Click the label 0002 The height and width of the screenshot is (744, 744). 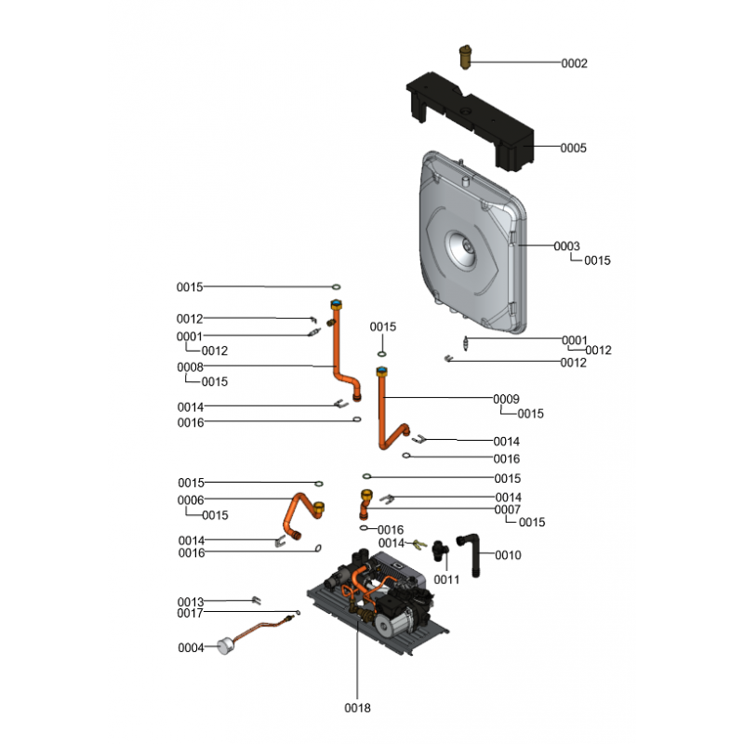[x=574, y=63]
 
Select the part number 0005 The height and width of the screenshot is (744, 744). [x=574, y=148]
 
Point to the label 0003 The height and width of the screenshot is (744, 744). [x=566, y=246]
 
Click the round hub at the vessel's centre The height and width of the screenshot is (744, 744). [x=462, y=246]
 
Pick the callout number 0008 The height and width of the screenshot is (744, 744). [x=190, y=367]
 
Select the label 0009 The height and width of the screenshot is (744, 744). [x=506, y=399]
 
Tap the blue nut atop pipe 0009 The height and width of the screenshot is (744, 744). [x=381, y=372]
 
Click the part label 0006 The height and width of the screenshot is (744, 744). [x=191, y=500]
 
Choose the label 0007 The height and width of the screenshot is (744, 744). [x=507, y=510]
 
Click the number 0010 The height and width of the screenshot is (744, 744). [x=509, y=555]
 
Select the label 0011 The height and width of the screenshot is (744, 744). [x=446, y=579]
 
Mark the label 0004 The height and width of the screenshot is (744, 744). [x=191, y=647]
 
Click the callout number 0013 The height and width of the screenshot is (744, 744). [x=191, y=602]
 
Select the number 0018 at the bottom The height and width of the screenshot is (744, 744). [x=357, y=708]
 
